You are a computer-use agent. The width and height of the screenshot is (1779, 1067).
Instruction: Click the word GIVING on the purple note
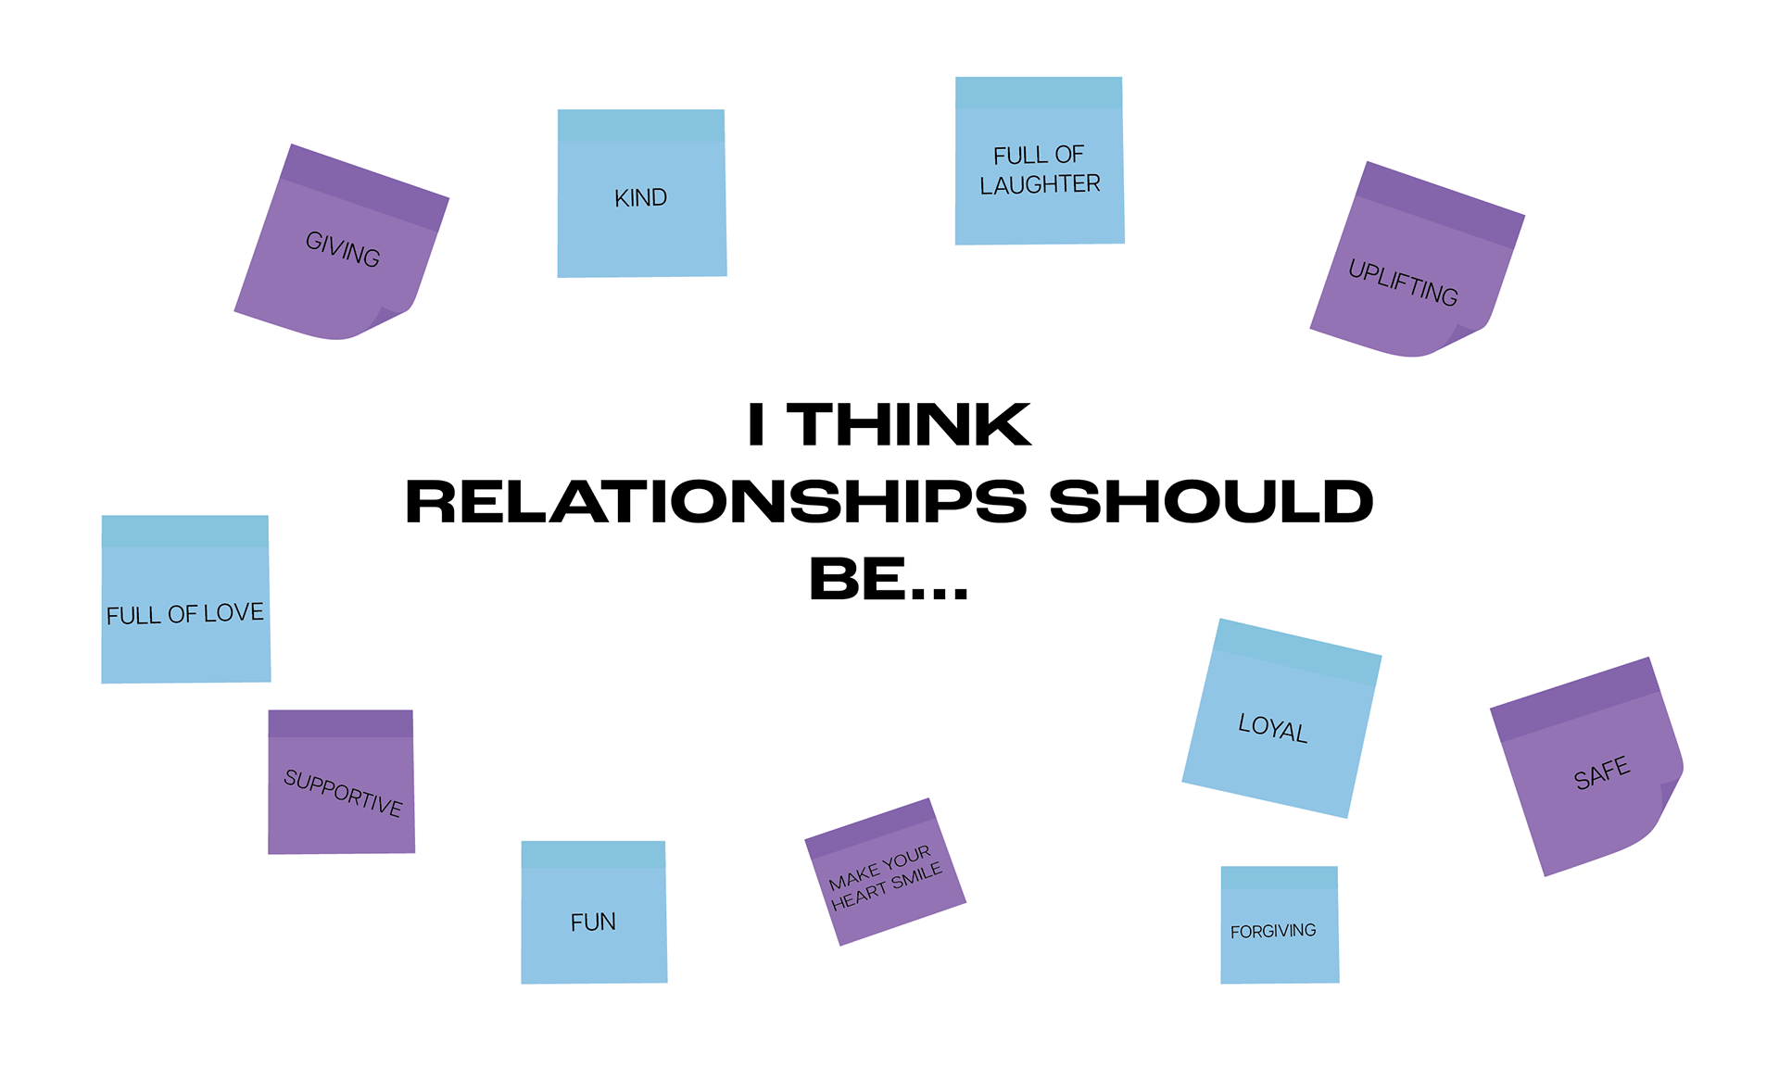(x=343, y=249)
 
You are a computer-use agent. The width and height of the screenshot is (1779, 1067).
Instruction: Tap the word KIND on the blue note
(x=640, y=197)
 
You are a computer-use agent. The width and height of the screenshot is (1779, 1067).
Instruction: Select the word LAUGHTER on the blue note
(x=1040, y=185)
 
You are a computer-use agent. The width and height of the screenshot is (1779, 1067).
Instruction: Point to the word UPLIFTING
(x=1403, y=282)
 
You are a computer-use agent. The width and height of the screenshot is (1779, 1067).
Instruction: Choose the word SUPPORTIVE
(x=343, y=793)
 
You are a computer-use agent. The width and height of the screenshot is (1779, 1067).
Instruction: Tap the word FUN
(x=593, y=923)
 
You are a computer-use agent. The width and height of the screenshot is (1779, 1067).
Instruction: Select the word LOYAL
(x=1273, y=729)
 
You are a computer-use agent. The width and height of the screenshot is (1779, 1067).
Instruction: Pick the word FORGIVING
(x=1273, y=931)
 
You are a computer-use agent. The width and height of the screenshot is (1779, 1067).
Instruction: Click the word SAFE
(x=1601, y=773)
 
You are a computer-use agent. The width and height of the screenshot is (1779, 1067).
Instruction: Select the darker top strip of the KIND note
(x=640, y=126)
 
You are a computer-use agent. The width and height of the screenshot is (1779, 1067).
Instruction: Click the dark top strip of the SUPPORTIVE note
(x=340, y=723)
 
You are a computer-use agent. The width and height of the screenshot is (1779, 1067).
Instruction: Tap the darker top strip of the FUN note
(x=593, y=854)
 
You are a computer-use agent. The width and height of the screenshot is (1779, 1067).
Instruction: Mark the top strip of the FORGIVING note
(x=1279, y=877)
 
